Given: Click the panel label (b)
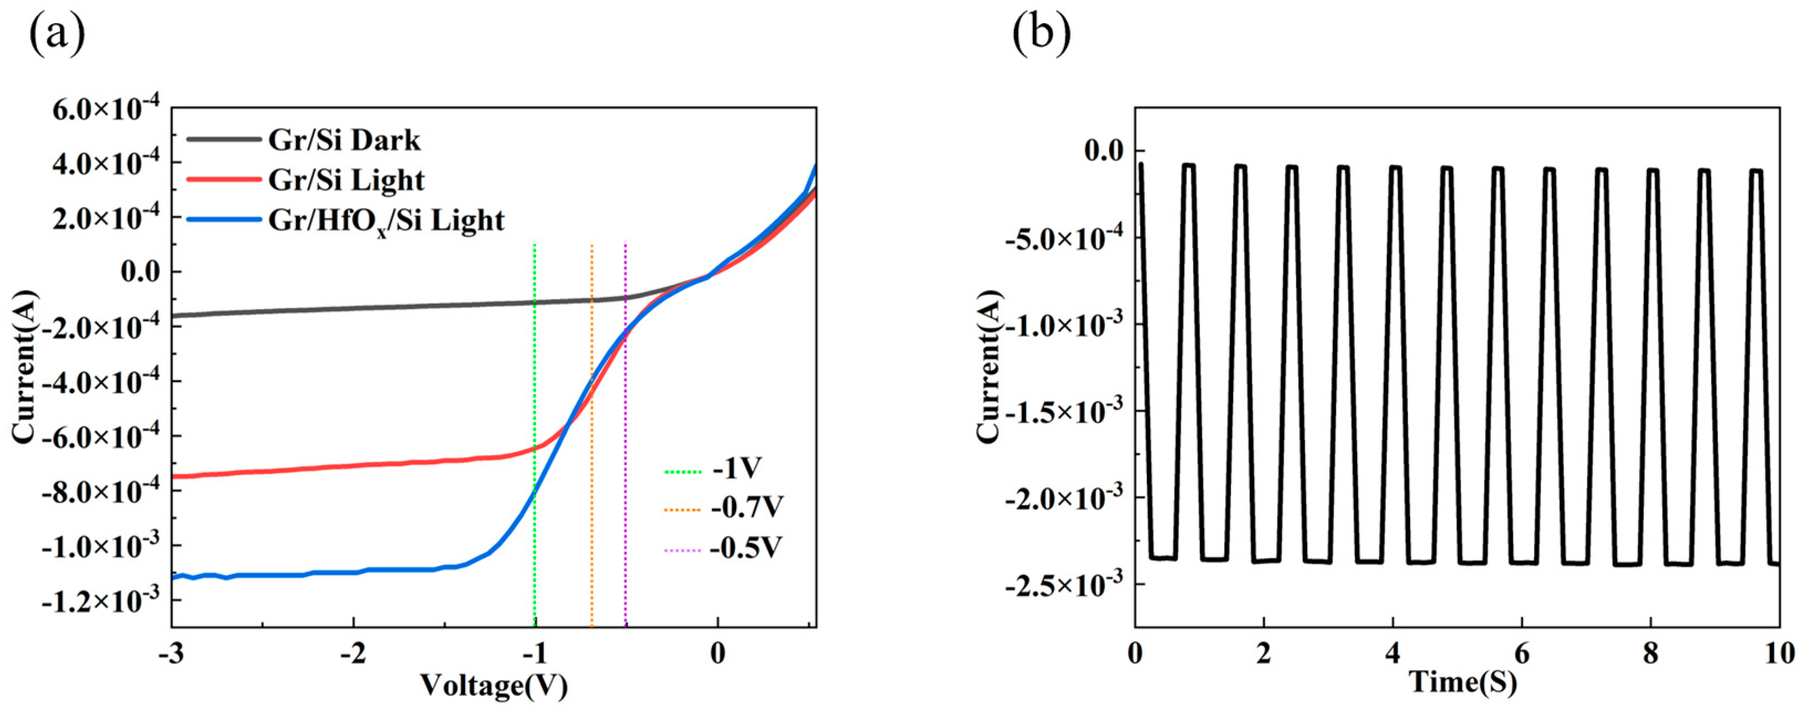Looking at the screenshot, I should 1042,33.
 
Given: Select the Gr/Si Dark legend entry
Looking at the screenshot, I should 344,140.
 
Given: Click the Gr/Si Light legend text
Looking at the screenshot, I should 346,181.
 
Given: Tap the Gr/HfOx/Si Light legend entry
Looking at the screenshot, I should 386,221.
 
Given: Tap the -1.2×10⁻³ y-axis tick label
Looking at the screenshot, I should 101,601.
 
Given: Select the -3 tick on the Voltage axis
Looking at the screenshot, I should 172,654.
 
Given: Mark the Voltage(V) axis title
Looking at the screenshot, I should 493,685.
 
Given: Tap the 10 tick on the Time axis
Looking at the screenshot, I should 1779,654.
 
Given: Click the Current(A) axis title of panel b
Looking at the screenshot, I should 988,367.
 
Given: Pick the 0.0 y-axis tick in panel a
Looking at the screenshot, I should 141,272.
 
